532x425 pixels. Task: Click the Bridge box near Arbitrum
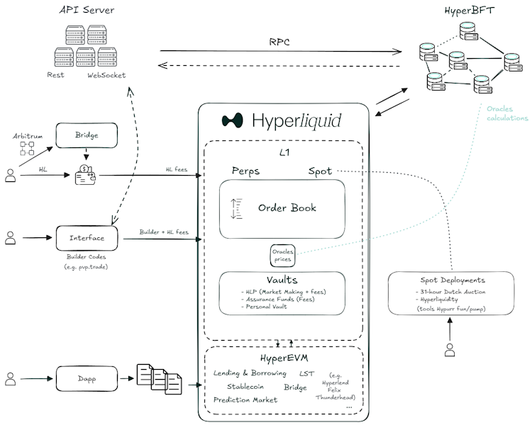(87, 135)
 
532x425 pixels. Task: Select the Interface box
(87, 238)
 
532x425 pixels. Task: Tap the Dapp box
(87, 378)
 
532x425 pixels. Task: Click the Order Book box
(282, 209)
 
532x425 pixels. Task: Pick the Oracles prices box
(282, 256)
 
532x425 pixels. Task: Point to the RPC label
(279, 42)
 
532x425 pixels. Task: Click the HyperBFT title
(470, 11)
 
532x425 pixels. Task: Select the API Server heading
(87, 10)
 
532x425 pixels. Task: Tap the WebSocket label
(106, 75)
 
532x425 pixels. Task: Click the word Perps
(245, 171)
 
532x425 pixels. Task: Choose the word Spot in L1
(320, 171)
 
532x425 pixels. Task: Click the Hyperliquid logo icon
(233, 120)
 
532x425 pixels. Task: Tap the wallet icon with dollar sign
(85, 174)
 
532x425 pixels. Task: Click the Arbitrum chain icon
(27, 149)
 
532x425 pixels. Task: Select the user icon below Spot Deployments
(450, 350)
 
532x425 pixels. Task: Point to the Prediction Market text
(245, 400)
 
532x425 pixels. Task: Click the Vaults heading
(282, 280)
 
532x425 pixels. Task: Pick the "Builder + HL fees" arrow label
(164, 232)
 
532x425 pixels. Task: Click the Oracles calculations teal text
(507, 113)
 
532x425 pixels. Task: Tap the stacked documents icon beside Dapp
(159, 379)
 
